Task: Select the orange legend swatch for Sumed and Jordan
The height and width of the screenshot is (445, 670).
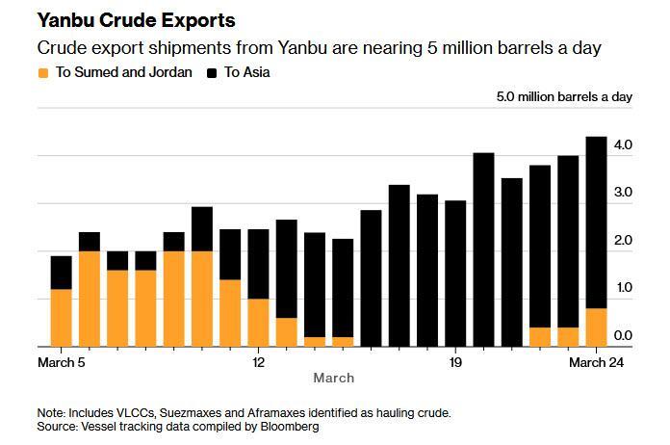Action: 43,72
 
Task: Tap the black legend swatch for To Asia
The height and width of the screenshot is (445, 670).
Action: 213,72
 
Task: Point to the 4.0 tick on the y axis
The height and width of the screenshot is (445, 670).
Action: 622,145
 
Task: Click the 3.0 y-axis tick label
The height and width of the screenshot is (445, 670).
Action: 622,193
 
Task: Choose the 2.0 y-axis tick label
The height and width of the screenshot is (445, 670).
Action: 622,241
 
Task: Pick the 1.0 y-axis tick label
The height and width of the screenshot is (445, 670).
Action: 622,288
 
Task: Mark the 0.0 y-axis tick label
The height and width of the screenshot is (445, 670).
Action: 622,335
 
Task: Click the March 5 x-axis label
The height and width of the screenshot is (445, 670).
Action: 63,362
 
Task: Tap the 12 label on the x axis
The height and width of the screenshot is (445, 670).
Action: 258,362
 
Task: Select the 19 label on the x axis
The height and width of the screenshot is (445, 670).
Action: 455,362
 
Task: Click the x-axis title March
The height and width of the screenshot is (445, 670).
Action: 333,378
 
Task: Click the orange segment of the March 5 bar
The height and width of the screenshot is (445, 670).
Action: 61,318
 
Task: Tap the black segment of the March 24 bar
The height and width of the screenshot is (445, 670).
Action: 597,222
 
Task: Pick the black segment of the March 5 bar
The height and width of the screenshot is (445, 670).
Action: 61,273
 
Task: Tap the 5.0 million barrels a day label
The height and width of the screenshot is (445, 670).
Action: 564,97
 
